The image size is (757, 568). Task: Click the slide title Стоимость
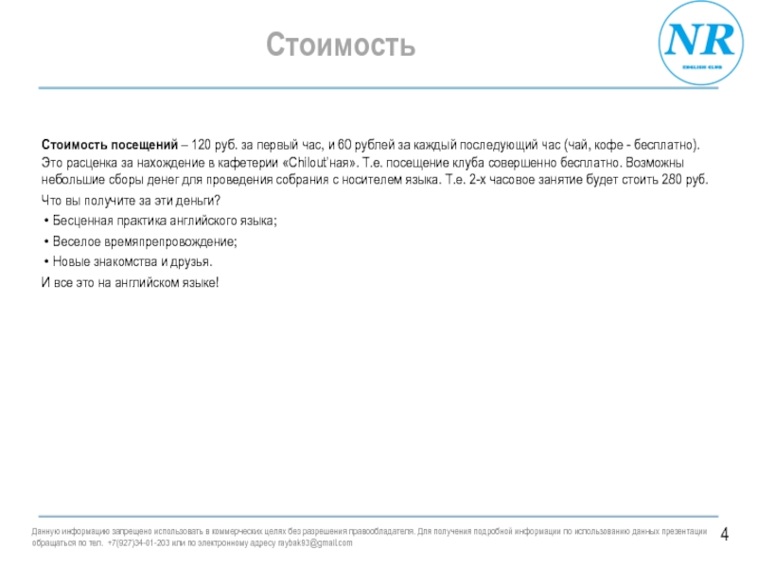tap(341, 44)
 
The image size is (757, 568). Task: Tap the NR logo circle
tap(701, 44)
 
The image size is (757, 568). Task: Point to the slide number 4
tap(725, 536)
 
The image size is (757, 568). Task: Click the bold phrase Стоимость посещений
tap(110, 145)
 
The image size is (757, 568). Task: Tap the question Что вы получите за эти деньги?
tap(131, 201)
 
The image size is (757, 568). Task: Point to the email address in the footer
tap(313, 543)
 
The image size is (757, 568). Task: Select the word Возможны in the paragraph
tap(675, 163)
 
